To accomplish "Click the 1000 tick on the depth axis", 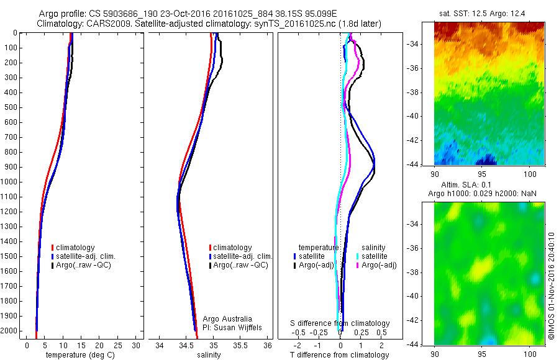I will point(11,182).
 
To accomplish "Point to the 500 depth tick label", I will point(11,107).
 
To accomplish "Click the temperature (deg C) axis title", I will point(78,355).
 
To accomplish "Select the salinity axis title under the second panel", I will point(213,355).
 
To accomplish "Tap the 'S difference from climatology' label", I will point(340,323).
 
